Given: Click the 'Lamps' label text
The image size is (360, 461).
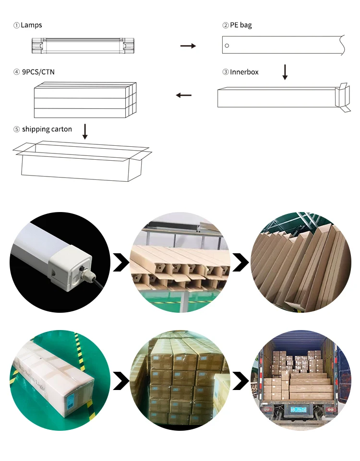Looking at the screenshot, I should (x=31, y=25).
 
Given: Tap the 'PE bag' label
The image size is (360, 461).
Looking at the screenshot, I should (x=240, y=25).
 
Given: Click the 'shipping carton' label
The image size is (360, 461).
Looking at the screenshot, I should (x=47, y=129).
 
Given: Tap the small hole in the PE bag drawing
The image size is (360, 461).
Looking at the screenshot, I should (x=227, y=46).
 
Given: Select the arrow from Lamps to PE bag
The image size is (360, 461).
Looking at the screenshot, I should (x=188, y=46).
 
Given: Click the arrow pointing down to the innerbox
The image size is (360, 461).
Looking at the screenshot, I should (x=285, y=72).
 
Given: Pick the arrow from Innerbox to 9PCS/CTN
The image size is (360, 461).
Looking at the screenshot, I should (x=183, y=95).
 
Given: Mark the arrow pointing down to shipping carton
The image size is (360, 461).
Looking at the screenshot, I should (x=85, y=131).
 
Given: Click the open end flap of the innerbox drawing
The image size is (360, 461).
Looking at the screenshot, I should (x=344, y=97).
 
